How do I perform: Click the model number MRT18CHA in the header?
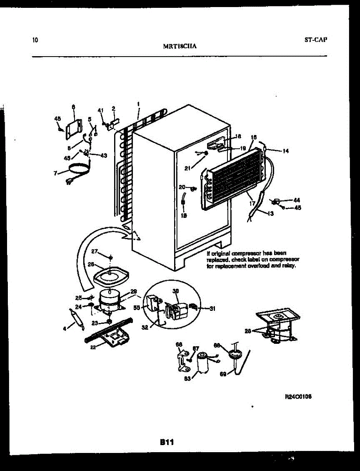180,46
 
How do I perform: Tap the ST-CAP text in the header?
315,40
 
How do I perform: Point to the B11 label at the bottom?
167,442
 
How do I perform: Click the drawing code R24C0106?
298,396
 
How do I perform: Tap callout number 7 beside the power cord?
55,173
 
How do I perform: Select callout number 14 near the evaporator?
285,151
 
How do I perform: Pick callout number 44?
296,200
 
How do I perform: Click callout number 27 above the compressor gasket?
95,251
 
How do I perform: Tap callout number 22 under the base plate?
93,347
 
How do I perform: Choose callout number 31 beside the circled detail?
212,309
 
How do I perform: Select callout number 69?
223,374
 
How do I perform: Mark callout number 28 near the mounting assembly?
247,331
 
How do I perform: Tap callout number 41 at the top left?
100,110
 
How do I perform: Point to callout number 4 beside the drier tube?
65,329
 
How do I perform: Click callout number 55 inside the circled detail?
136,308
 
